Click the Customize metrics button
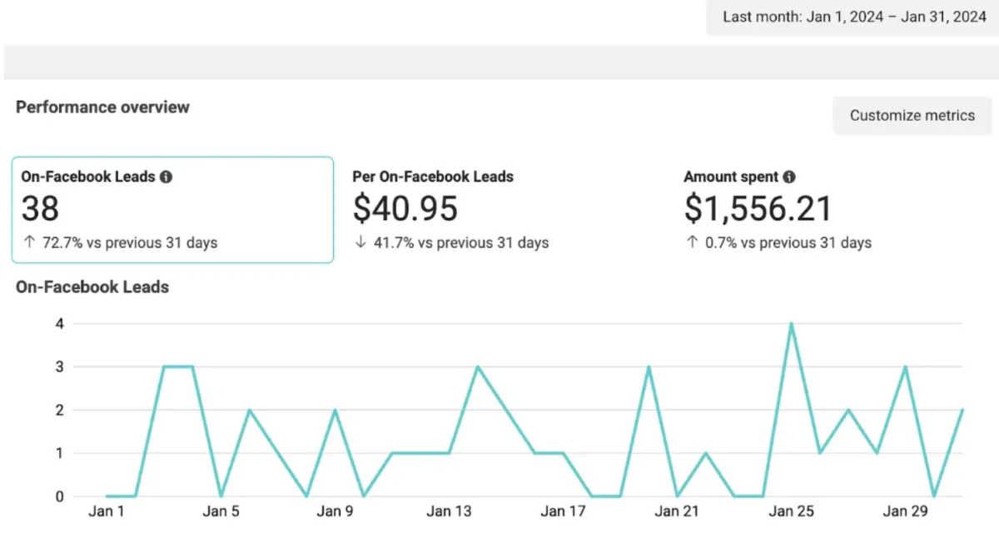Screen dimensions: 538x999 point(912,116)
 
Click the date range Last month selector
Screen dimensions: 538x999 point(854,17)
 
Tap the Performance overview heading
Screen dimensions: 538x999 point(102,107)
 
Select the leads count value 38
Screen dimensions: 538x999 point(40,208)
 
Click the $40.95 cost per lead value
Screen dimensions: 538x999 point(405,208)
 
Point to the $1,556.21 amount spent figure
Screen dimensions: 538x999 point(758,208)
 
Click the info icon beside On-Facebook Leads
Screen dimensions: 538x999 point(166,177)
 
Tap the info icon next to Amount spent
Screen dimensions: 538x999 point(789,177)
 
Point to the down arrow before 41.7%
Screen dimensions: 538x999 point(360,243)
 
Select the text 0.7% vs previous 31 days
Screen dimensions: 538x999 point(787,243)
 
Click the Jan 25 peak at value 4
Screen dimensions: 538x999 point(791,324)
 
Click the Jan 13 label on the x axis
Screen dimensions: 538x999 point(449,511)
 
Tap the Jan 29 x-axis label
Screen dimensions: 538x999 point(906,511)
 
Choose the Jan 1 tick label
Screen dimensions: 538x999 point(106,511)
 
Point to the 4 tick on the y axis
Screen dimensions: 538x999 point(59,323)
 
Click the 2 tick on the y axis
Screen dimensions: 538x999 point(59,410)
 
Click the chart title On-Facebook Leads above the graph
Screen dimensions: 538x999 point(92,287)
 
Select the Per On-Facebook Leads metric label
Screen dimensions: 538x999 point(433,177)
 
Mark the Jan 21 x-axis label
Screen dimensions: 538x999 point(677,511)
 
